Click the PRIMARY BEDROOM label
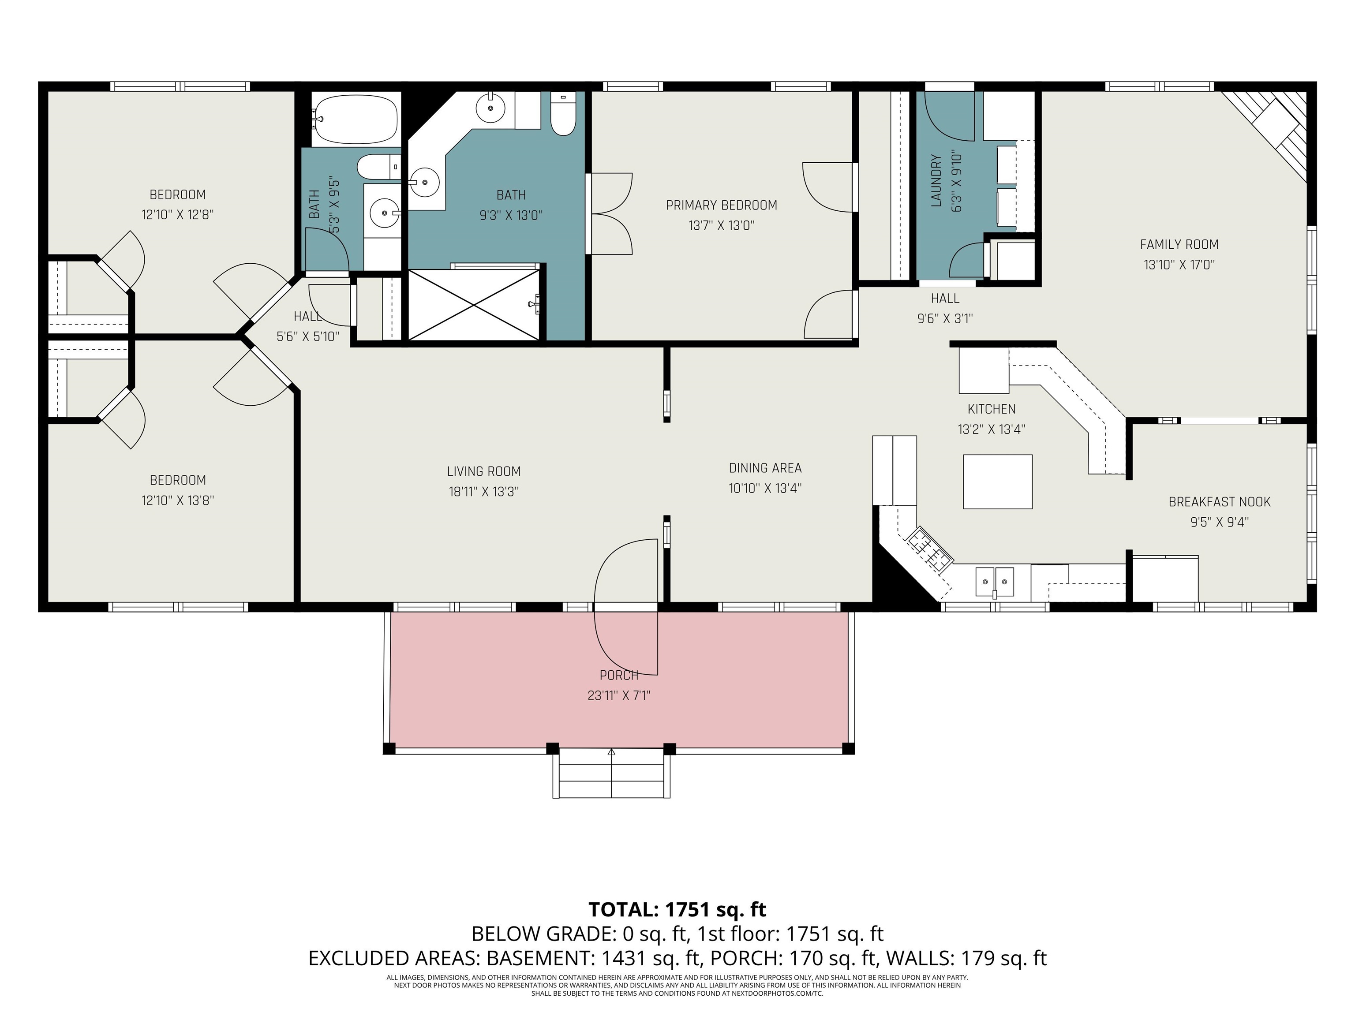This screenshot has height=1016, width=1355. (x=721, y=205)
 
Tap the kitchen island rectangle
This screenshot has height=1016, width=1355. (x=997, y=482)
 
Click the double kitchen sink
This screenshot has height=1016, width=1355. (x=994, y=581)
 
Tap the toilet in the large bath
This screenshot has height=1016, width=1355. (x=563, y=115)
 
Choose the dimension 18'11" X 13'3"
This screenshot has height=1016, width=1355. (x=483, y=492)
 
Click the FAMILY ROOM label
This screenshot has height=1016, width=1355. (x=1179, y=244)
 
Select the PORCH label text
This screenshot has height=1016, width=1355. (x=619, y=675)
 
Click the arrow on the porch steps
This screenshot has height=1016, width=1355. (x=611, y=752)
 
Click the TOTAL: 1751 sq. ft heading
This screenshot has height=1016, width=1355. (x=677, y=909)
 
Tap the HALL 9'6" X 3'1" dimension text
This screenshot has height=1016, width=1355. (x=945, y=318)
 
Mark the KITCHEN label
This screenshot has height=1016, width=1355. (x=991, y=409)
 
